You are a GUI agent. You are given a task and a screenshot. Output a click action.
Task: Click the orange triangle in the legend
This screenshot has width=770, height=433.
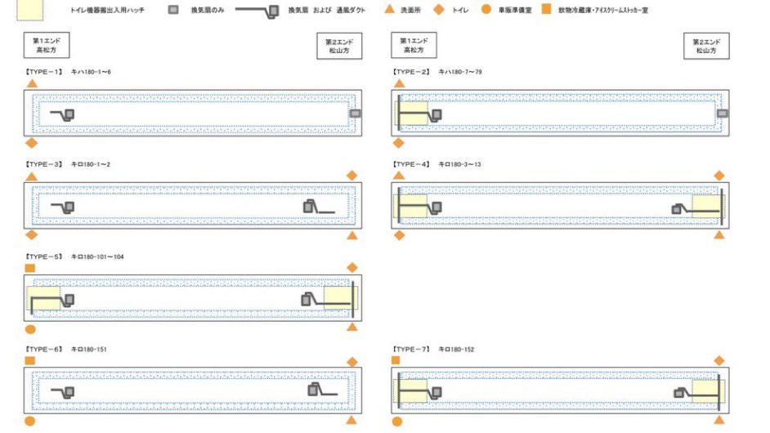390,11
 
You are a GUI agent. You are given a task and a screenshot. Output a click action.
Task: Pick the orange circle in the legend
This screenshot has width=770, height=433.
486,11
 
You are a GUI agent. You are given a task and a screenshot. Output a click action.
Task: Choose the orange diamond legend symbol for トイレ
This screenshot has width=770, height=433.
438,11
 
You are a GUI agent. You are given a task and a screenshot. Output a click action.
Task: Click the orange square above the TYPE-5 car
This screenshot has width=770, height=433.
31,268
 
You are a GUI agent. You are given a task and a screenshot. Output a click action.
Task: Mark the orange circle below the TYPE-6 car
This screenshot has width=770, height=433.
30,421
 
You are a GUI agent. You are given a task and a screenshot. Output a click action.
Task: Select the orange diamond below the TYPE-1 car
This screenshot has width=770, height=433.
32,143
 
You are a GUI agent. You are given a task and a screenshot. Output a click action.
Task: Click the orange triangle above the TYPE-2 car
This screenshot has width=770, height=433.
399,83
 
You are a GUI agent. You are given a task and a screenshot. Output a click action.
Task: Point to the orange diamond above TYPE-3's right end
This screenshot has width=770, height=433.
351,175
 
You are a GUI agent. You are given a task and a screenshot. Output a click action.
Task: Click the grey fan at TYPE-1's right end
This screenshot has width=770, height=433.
354,113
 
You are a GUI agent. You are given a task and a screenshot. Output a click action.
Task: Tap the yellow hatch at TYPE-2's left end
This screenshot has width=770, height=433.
414,114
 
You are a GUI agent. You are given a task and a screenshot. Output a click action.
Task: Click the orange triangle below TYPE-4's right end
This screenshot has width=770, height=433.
719,234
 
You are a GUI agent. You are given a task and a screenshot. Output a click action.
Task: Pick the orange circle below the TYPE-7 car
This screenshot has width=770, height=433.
397,422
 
